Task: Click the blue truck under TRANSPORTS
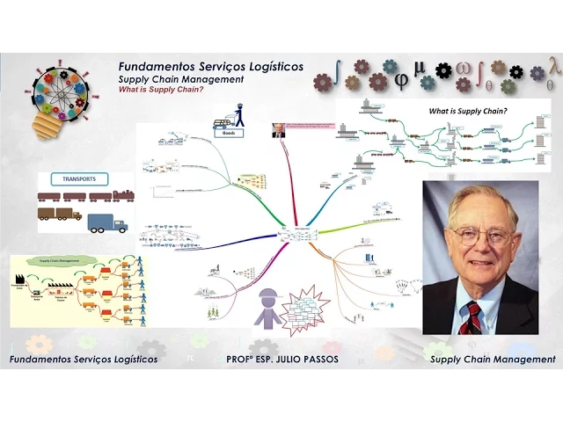click(107, 223)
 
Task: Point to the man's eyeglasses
click(479, 236)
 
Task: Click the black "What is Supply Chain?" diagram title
click(467, 112)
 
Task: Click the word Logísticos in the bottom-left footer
click(131, 360)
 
